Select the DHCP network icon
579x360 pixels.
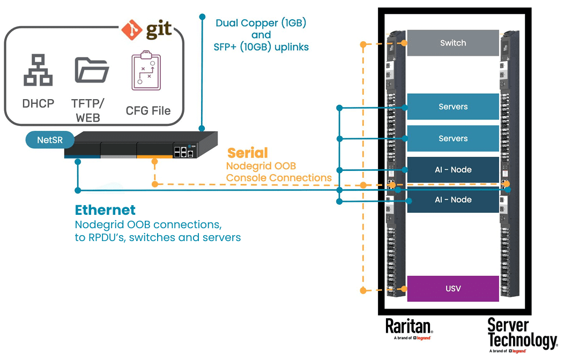pos(38,70)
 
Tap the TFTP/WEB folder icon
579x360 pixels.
pos(91,70)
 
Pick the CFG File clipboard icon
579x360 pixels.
pos(146,72)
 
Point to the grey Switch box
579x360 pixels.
pos(453,43)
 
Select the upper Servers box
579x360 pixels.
pos(453,107)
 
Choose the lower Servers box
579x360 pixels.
pos(453,138)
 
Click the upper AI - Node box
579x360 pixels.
pos(453,170)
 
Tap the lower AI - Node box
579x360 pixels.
pos(453,199)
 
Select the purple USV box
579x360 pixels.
pos(453,289)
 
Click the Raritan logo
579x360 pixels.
pos(409,327)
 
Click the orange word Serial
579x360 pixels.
pos(247,153)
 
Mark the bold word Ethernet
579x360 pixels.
pos(105,210)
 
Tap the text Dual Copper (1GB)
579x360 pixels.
pos(261,23)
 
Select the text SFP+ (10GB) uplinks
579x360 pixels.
pos(261,47)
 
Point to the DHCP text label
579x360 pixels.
pos(38,103)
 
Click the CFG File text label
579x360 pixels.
pos(148,111)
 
